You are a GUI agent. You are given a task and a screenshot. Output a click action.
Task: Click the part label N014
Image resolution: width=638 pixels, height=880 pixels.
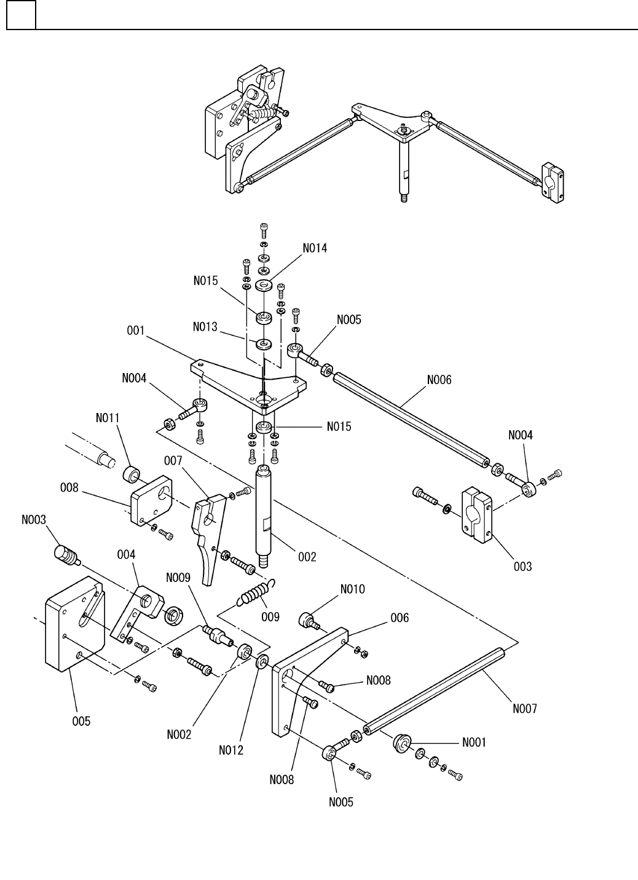(x=315, y=248)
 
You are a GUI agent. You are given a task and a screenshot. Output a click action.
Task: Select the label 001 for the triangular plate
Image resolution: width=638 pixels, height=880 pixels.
(x=136, y=331)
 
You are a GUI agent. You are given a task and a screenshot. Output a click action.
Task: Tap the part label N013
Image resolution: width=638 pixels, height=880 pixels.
(x=205, y=326)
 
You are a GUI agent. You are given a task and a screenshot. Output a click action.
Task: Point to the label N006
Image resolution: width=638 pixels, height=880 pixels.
(x=439, y=380)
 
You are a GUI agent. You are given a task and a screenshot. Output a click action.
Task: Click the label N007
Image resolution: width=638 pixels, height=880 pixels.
(x=525, y=709)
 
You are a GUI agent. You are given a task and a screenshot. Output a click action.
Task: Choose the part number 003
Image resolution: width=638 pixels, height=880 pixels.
(x=522, y=566)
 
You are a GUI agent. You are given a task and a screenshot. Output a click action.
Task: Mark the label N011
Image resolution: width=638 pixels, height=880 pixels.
(x=108, y=418)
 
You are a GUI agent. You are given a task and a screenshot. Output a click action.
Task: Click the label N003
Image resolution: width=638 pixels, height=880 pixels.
(x=34, y=519)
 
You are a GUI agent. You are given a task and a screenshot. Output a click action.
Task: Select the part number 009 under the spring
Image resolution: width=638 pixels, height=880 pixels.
(x=270, y=616)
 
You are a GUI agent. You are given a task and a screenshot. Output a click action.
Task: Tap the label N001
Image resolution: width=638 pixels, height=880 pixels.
(x=474, y=742)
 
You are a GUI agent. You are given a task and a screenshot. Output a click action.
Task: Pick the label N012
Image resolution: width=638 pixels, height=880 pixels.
(x=231, y=750)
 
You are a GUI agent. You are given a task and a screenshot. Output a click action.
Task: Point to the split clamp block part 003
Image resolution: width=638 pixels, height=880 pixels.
(x=476, y=515)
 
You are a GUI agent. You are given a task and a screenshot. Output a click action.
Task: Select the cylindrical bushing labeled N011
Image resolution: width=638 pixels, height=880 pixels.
(x=131, y=474)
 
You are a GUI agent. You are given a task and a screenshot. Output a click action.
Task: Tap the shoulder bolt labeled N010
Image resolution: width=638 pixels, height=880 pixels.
(x=310, y=621)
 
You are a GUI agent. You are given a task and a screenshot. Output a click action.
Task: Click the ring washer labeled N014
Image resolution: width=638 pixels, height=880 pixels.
(x=264, y=285)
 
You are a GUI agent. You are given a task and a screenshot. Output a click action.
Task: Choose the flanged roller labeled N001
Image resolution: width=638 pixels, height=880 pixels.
(x=401, y=743)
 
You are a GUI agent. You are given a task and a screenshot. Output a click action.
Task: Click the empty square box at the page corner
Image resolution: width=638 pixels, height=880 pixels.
(x=22, y=15)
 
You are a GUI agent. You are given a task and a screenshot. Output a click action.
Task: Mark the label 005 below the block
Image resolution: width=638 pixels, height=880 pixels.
(x=81, y=721)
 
